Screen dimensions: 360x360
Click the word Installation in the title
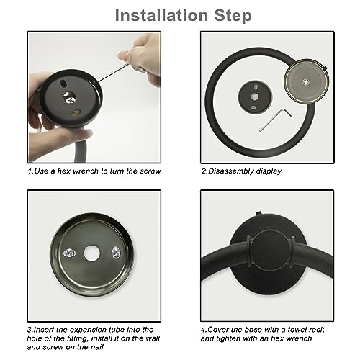click(x=161, y=15)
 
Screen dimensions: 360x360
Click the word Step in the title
click(x=233, y=16)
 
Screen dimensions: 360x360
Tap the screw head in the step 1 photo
click(x=71, y=99)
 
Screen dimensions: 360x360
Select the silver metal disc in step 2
click(x=306, y=81)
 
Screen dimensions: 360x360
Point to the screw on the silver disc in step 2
click(x=306, y=82)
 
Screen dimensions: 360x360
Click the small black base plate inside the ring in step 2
click(x=255, y=97)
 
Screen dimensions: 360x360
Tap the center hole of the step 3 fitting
click(x=92, y=253)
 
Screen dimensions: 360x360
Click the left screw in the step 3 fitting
click(x=70, y=253)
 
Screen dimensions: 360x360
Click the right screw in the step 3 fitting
click(x=116, y=252)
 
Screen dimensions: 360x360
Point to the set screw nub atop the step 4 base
click(x=258, y=213)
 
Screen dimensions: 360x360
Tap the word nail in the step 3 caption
click(x=97, y=347)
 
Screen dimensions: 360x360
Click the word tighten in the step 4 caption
click(x=230, y=338)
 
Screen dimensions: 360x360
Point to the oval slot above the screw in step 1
click(x=63, y=84)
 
